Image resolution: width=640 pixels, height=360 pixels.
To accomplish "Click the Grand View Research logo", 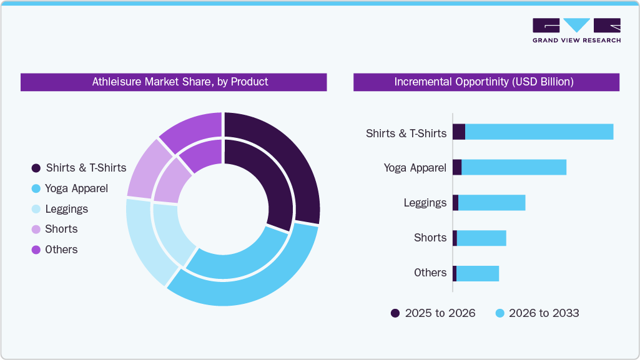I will pyautogui.click(x=576, y=30).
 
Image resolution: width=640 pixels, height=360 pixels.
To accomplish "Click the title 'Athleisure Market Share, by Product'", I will pyautogui.click(x=180, y=82).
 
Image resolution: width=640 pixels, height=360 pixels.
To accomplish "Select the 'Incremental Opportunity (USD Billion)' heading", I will pyautogui.click(x=484, y=82).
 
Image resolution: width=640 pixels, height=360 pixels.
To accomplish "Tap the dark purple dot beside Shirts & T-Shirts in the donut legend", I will pyautogui.click(x=36, y=168).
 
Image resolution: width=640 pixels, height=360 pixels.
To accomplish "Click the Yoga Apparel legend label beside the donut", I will pyautogui.click(x=76, y=188).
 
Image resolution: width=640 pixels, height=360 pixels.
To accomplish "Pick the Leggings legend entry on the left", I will pyautogui.click(x=66, y=209).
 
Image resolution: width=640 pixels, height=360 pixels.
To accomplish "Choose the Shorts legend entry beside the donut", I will pyautogui.click(x=61, y=229).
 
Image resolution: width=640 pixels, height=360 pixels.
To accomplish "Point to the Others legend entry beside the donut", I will pyautogui.click(x=61, y=250).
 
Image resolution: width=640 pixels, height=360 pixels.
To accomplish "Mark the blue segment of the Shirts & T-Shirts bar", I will pyautogui.click(x=539, y=132).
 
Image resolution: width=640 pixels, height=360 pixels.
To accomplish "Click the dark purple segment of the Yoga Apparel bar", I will pyautogui.click(x=457, y=167).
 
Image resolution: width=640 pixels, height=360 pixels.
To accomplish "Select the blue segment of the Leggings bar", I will pyautogui.click(x=491, y=203).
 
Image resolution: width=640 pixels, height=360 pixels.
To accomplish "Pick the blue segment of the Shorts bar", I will pyautogui.click(x=481, y=238).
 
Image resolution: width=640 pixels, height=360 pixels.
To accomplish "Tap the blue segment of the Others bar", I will pyautogui.click(x=477, y=273).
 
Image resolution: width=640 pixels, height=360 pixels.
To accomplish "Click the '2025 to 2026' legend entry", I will pyautogui.click(x=433, y=313).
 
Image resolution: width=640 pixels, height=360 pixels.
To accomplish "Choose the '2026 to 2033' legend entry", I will pyautogui.click(x=537, y=313).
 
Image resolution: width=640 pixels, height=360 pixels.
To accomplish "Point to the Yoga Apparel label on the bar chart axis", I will pyautogui.click(x=415, y=168).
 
